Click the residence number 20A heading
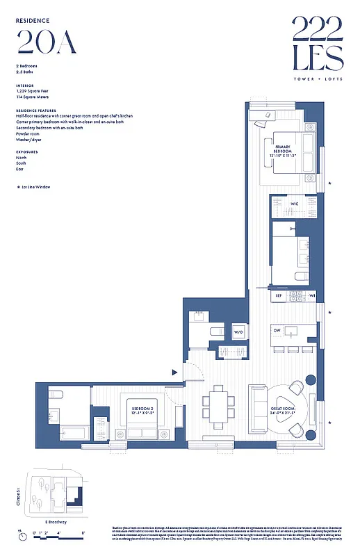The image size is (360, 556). tap(44, 43)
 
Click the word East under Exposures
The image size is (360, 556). tap(21, 170)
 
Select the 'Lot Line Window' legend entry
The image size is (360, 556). tap(34, 187)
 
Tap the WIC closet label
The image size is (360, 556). tap(294, 204)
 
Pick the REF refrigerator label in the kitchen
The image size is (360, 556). tap(279, 296)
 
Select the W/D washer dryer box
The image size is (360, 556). tap(238, 332)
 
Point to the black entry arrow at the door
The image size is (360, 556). tap(175, 373)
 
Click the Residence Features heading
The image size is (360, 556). tap(36, 110)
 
